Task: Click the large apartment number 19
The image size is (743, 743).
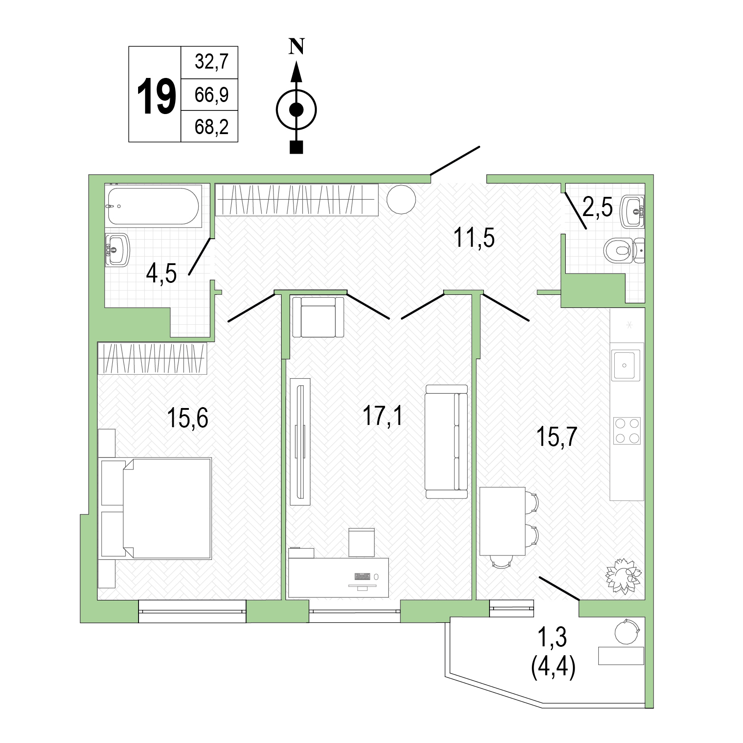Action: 155,95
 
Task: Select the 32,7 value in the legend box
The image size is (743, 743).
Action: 211,62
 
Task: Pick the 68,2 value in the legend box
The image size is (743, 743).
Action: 211,127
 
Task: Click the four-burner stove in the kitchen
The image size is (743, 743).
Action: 627,431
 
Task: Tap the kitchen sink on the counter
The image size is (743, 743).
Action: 625,365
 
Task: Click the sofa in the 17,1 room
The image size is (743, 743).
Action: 446,441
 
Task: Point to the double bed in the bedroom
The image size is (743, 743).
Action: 156,508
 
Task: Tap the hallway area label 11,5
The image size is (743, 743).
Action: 474,238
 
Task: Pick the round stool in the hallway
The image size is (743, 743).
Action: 401,199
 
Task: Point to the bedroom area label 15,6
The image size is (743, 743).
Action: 188,418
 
